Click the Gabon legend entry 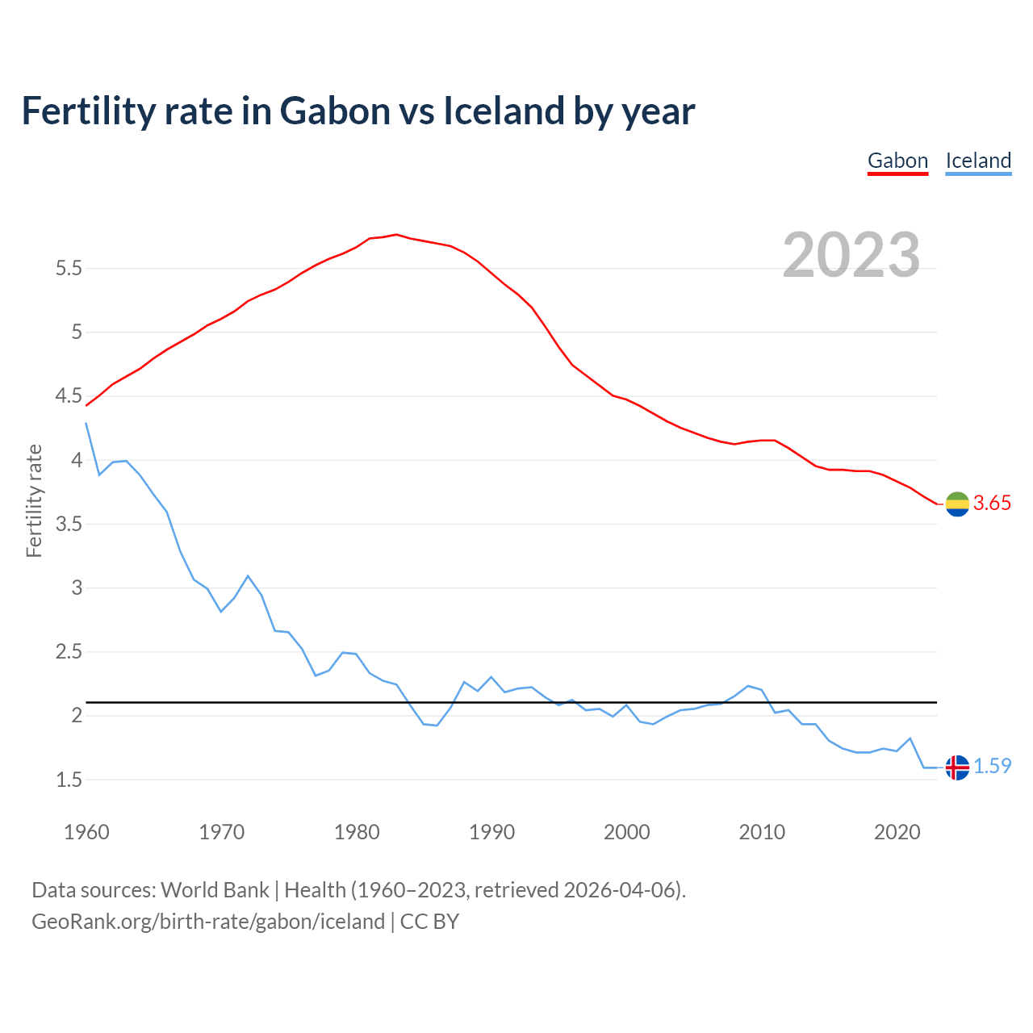pos(897,161)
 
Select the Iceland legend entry pos(978,161)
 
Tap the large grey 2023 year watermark pos(851,255)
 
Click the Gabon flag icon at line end pos(957,504)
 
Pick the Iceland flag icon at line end pos(957,767)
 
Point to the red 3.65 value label pos(992,504)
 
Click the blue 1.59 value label pos(992,767)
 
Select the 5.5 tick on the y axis pos(69,269)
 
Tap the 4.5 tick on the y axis pos(69,396)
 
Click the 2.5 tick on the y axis pos(69,652)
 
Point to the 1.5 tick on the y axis pos(69,780)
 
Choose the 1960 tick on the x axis pos(86,832)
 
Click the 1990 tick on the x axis pos(491,832)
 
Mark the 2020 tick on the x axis pos(897,832)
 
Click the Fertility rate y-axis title pos(34,500)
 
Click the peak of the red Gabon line pos(396,235)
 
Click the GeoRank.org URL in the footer pos(208,922)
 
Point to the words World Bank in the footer pos(215,890)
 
